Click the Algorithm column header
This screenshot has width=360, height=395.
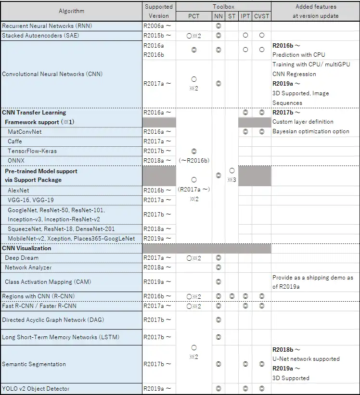pos(71,11)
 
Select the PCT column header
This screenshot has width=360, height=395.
pos(193,16)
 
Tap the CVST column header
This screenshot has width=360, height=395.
pos(261,16)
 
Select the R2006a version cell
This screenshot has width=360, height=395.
pos(157,26)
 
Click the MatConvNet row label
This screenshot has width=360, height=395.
pos(25,132)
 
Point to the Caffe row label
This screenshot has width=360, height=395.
pos(15,141)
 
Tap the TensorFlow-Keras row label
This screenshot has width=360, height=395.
pos(32,151)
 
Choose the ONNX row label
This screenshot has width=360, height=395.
pos(16,161)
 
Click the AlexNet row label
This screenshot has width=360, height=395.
pos(18,191)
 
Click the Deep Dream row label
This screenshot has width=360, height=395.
pos(22,258)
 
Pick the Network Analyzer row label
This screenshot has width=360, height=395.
pos(28,268)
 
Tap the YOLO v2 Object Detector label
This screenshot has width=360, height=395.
pos(36,389)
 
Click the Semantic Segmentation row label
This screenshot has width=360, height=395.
pos(34,364)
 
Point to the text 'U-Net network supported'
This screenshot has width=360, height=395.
pos(306,359)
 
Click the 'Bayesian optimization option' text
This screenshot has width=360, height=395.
pos(311,131)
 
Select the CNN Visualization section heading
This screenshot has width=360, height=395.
pos(26,248)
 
